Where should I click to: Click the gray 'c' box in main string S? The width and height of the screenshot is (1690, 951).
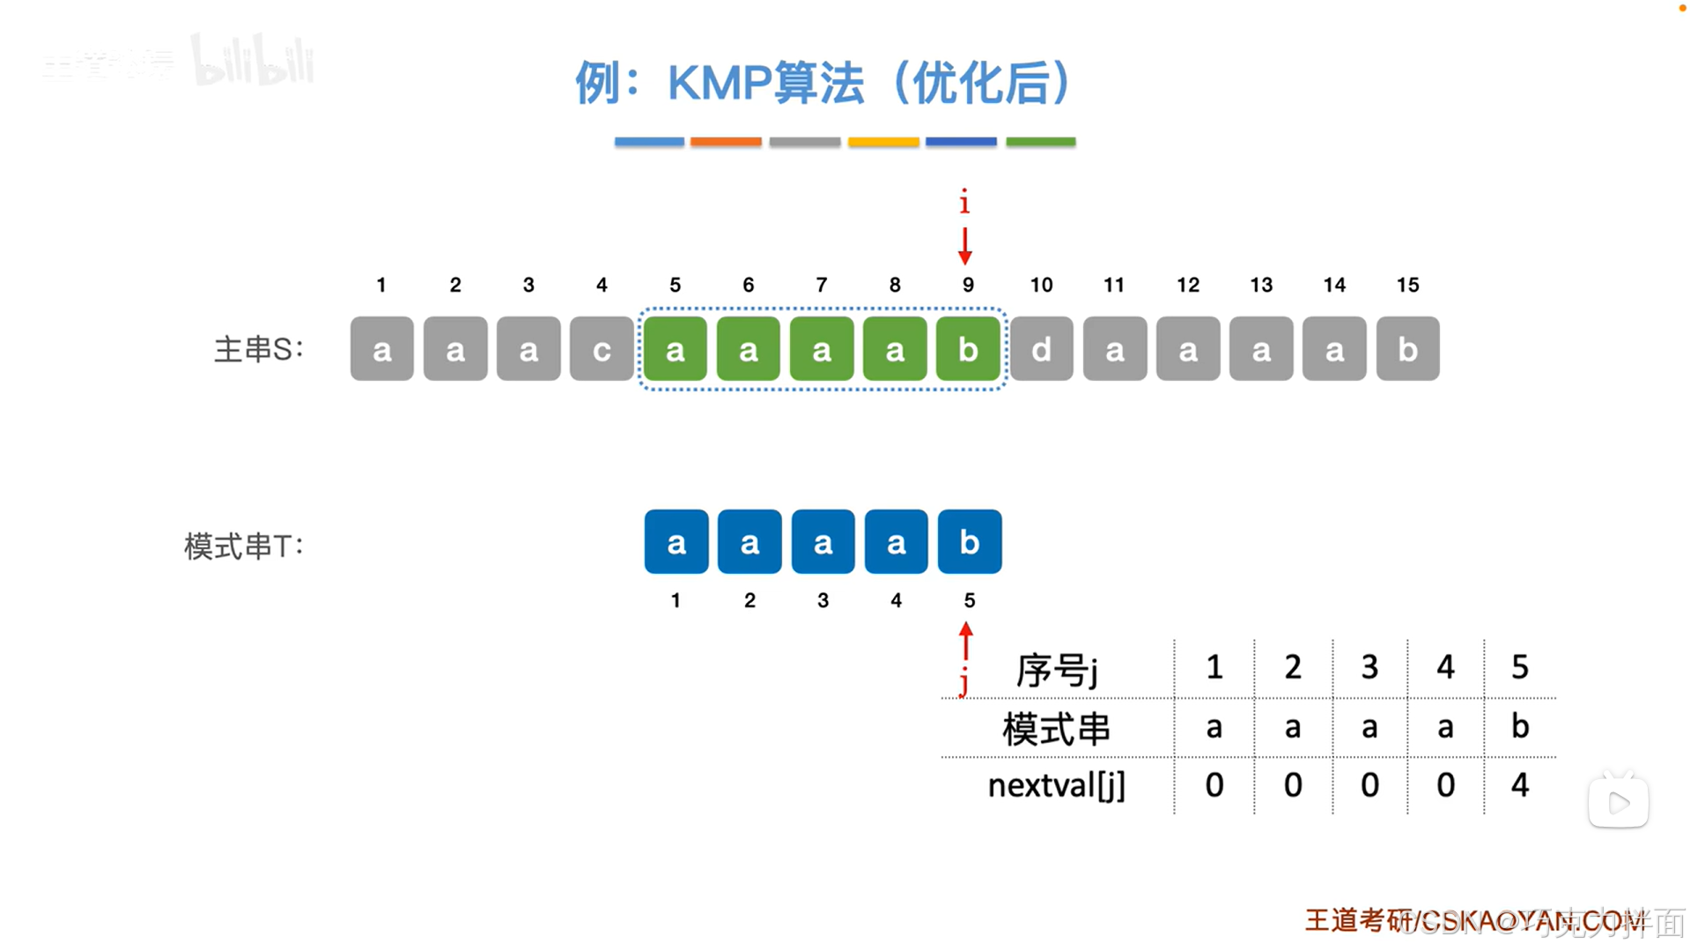pyautogui.click(x=601, y=349)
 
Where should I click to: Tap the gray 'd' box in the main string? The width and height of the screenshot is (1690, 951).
pyautogui.click(x=1041, y=349)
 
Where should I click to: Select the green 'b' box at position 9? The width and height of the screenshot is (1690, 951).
pyautogui.click(x=968, y=349)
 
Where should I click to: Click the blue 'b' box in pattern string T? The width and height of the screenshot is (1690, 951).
pyautogui.click(x=969, y=542)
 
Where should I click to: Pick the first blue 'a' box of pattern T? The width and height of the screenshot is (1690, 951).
pyautogui.click(x=675, y=542)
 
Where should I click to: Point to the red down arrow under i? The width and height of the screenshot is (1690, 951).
pyautogui.click(x=965, y=246)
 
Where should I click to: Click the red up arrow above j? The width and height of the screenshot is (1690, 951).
pyautogui.click(x=966, y=641)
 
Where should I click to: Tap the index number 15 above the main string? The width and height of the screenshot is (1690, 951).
pyautogui.click(x=1407, y=285)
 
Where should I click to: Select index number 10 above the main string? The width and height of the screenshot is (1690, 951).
pyautogui.click(x=1041, y=285)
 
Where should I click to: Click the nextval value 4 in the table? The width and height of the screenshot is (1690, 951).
pyautogui.click(x=1520, y=784)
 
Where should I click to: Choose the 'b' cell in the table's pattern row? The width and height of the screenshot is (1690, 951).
pyautogui.click(x=1520, y=726)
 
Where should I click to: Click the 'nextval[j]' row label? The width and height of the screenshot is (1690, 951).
pyautogui.click(x=1056, y=784)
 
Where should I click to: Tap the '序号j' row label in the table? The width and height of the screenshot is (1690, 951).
pyautogui.click(x=1056, y=670)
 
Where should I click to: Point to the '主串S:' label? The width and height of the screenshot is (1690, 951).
pyautogui.click(x=258, y=349)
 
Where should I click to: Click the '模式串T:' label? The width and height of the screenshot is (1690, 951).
pyautogui.click(x=243, y=546)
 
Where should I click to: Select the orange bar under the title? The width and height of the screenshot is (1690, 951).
pyautogui.click(x=726, y=142)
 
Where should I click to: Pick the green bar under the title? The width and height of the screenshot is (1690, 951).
pyautogui.click(x=1040, y=142)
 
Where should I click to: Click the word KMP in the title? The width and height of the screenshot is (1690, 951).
pyautogui.click(x=719, y=84)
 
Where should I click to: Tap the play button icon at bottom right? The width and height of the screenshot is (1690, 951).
pyautogui.click(x=1619, y=802)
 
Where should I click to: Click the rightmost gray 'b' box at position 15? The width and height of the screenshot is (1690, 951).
pyautogui.click(x=1407, y=349)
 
